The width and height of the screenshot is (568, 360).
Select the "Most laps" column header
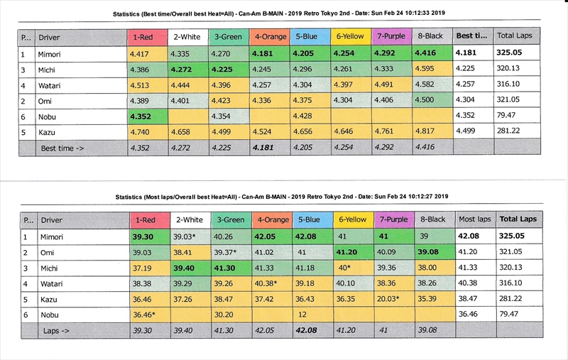tap(474, 219)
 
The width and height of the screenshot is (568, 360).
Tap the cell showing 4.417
tap(139, 53)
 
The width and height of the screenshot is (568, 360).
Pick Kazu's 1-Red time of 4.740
tap(139, 132)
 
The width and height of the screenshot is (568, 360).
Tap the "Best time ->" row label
tap(61, 148)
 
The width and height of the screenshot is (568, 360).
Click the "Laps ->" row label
tap(57, 330)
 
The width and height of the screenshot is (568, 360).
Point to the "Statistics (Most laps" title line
tap(283, 196)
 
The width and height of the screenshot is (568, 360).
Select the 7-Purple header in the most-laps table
tap(393, 219)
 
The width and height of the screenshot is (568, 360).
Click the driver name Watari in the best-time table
tap(50, 84)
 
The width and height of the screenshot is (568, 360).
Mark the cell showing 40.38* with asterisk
tap(271, 283)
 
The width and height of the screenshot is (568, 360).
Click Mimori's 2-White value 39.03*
tap(185, 236)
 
